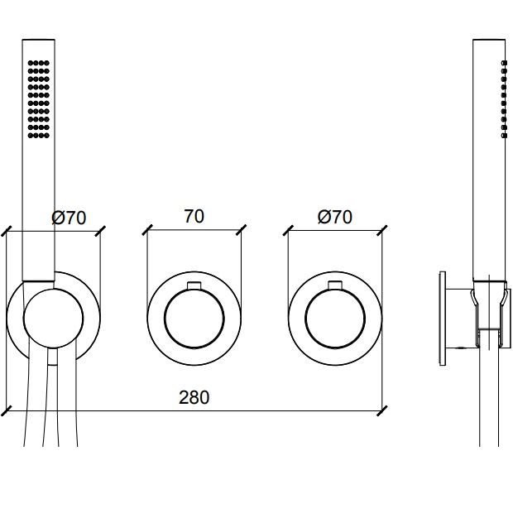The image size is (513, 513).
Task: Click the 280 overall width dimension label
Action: [x=194, y=397]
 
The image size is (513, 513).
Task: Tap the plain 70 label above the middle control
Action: [x=194, y=216]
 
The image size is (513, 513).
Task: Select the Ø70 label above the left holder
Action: [x=69, y=218]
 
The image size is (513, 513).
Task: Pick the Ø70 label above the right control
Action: [x=335, y=217]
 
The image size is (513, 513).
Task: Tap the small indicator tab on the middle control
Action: [x=194, y=285]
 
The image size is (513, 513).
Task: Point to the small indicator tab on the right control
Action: [x=335, y=285]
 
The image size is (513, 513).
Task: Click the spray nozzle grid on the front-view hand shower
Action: [x=39, y=99]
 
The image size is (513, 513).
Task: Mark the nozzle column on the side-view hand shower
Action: [x=504, y=99]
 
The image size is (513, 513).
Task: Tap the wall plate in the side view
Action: [x=443, y=319]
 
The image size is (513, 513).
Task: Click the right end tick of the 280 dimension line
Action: [x=381, y=411]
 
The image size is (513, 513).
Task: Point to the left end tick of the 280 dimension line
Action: [x=7, y=411]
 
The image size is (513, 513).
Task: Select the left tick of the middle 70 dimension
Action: [x=147, y=230]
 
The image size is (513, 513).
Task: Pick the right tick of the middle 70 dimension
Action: [x=241, y=230]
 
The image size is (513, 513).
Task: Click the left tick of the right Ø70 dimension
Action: [x=288, y=230]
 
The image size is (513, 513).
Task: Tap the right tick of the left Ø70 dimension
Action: [x=100, y=231]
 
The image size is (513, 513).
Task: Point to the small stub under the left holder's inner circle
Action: [x=52, y=357]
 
